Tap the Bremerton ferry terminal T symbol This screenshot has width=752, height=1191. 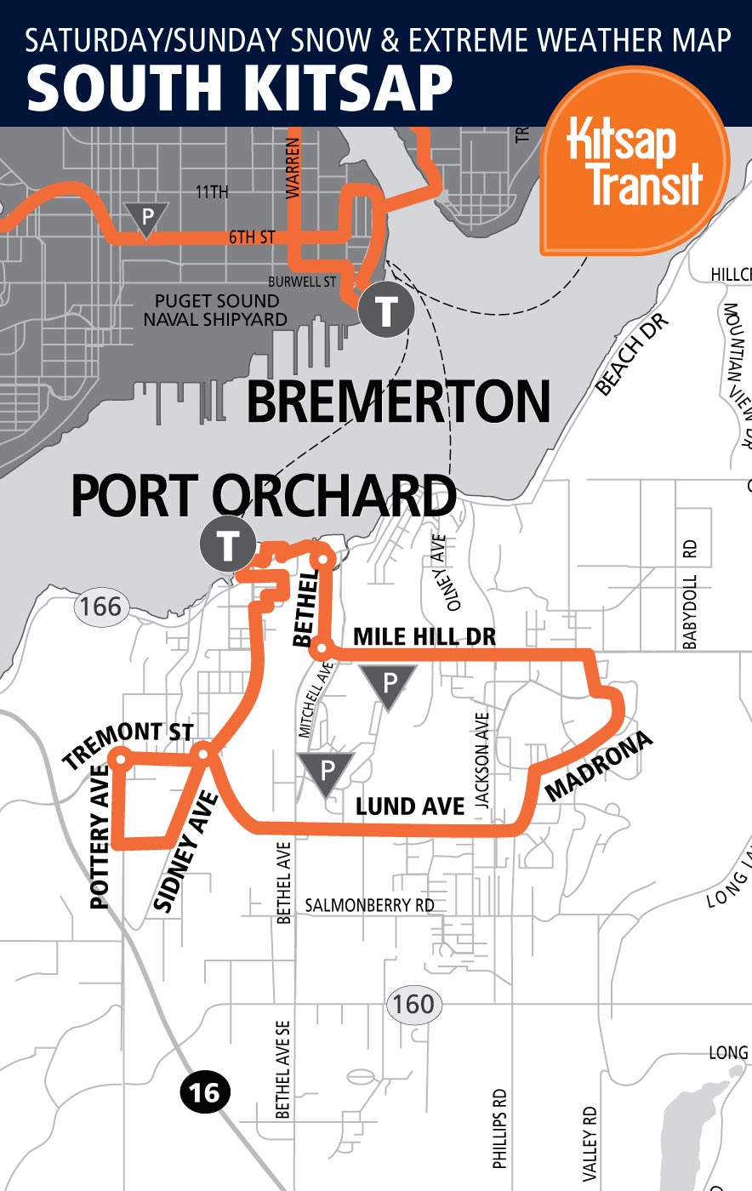click(x=385, y=311)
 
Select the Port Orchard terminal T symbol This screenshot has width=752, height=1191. click(x=227, y=544)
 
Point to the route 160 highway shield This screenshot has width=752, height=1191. click(x=413, y=1004)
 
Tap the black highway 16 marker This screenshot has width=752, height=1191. click(x=205, y=1091)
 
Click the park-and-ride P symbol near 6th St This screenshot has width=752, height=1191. click(x=147, y=219)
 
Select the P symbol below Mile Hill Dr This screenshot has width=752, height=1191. click(x=388, y=685)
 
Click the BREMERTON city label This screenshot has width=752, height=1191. click(x=398, y=402)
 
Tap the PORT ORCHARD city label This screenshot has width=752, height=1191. click(x=263, y=497)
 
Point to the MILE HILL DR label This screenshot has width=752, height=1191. click(x=424, y=636)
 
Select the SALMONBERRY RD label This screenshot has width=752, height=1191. click(x=369, y=905)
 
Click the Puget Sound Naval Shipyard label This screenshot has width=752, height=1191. click(x=216, y=311)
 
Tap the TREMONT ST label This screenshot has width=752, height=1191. click(x=128, y=744)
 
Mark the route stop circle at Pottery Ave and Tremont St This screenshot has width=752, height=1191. click(x=120, y=756)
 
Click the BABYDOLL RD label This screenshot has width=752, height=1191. click(x=690, y=595)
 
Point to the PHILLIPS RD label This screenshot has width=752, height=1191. click(x=499, y=1128)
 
